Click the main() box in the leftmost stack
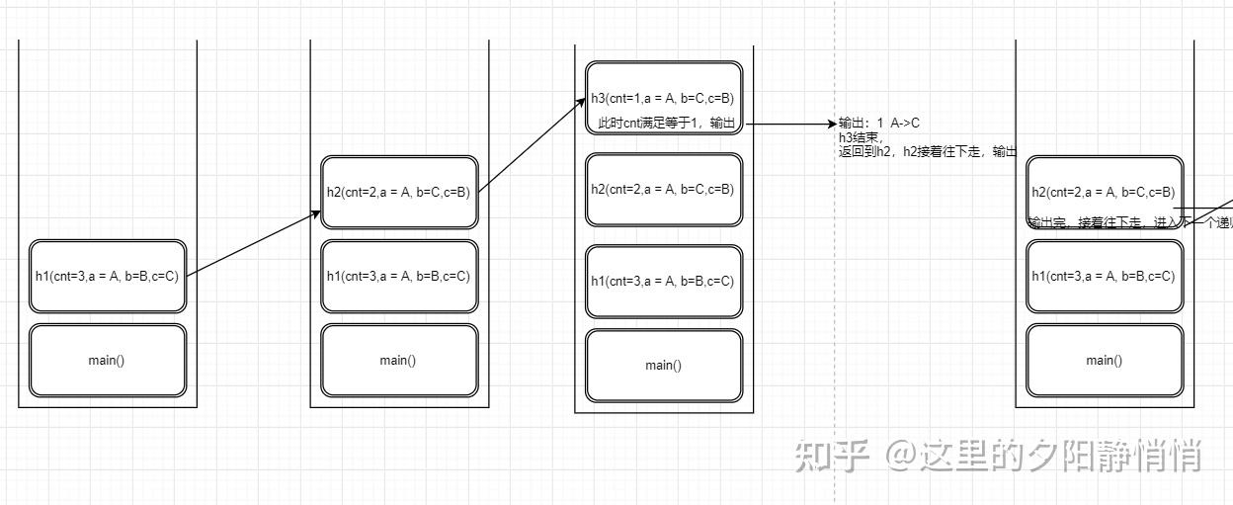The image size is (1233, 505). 107,360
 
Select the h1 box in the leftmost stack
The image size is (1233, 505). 107,276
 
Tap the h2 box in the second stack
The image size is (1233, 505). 398,192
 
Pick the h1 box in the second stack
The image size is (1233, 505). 398,276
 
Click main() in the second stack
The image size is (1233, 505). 398,360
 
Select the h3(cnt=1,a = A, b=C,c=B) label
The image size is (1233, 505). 662,98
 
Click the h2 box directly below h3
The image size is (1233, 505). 662,189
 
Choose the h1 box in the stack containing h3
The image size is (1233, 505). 662,281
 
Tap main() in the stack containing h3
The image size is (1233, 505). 662,365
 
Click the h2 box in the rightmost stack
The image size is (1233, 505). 1104,192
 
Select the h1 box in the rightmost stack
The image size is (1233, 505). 1104,276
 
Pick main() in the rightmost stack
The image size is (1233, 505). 1104,360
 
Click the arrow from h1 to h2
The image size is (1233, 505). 254,243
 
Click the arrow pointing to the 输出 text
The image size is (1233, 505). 790,124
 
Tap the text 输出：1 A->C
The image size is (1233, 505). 878,124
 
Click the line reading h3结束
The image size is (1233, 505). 861,138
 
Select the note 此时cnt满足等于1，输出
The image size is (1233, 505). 666,124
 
